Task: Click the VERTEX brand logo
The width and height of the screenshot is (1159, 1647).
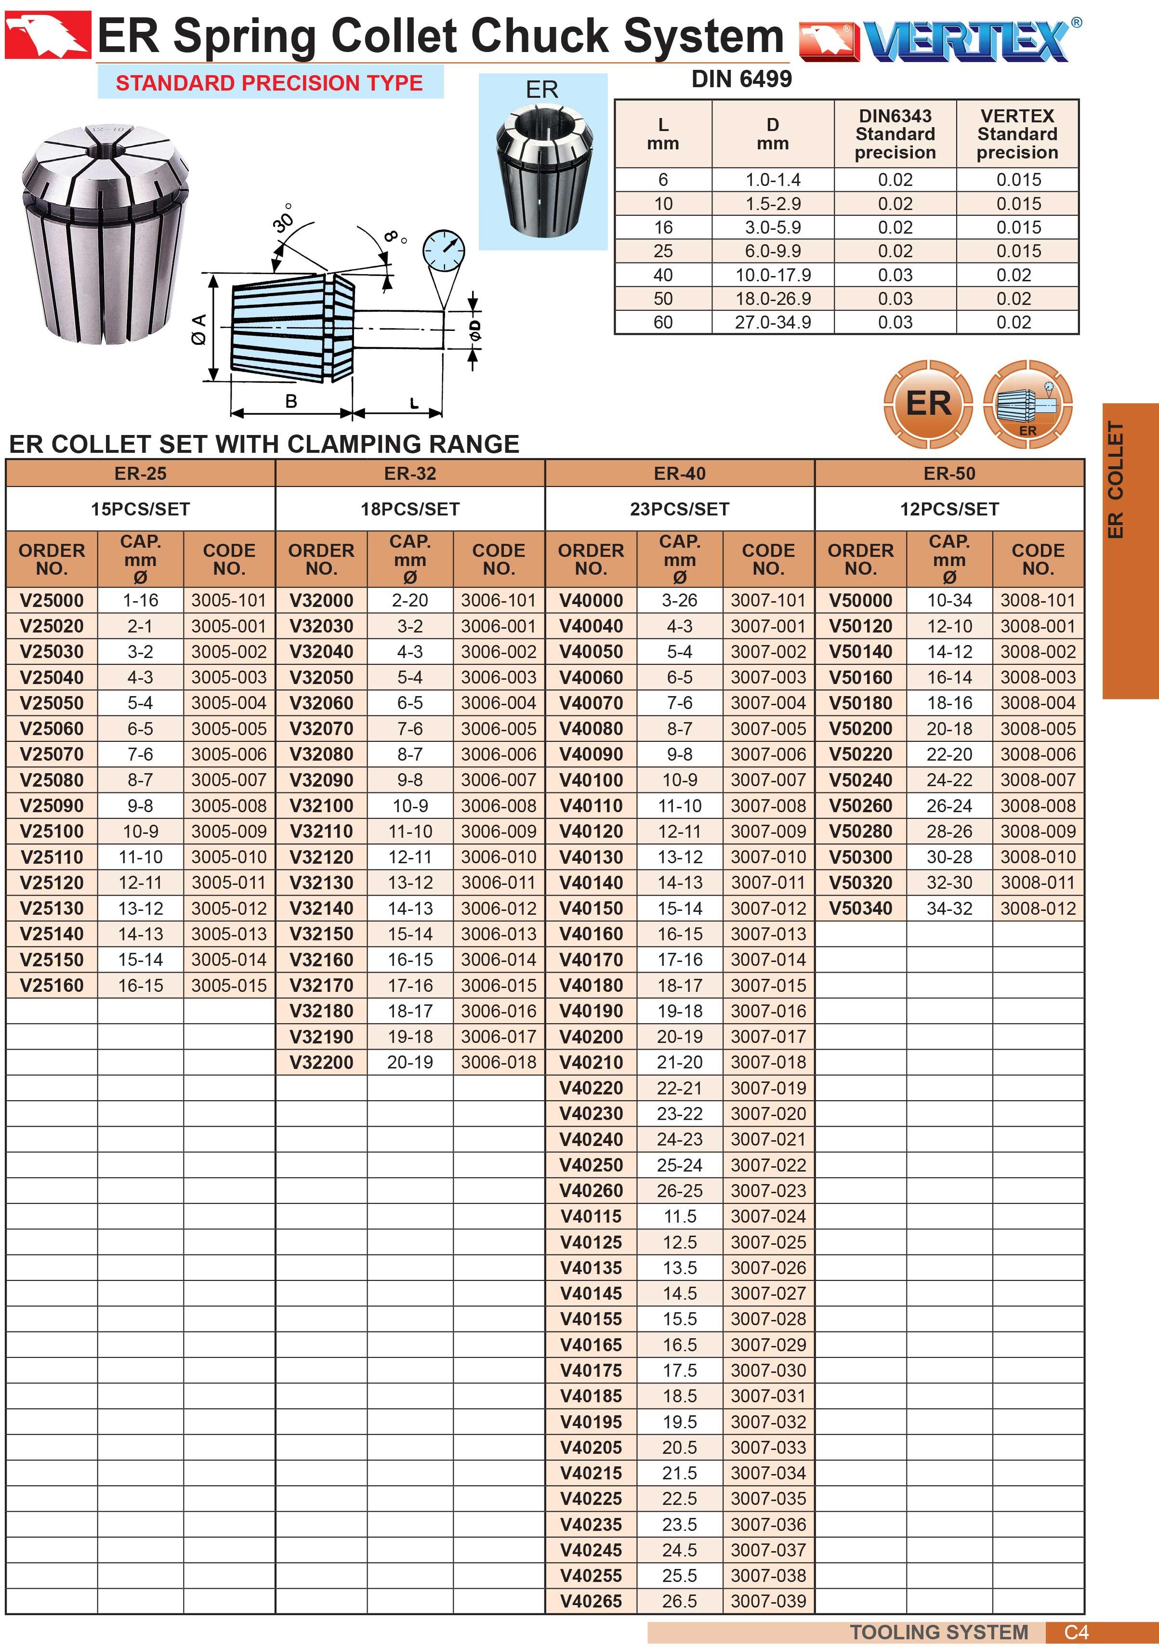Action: coord(939,40)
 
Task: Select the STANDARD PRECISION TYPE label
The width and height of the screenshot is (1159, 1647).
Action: coord(270,82)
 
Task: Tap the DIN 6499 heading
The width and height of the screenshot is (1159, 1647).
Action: coord(741,79)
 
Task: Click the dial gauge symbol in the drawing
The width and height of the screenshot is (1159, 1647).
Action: coord(443,252)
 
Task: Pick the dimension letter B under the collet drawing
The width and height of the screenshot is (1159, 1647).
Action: coord(291,401)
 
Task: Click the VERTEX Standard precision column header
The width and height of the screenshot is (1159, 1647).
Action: coord(1017,134)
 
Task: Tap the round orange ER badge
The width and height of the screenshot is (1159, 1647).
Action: coord(928,404)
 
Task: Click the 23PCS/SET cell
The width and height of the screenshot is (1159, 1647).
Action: coord(679,509)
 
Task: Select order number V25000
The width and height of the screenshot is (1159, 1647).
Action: coord(52,600)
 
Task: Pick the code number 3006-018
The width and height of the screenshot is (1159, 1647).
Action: coord(499,1062)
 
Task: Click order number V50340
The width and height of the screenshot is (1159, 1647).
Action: coord(861,908)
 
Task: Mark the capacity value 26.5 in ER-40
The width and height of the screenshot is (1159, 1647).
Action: coord(679,1601)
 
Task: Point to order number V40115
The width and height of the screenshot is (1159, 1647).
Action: coord(591,1217)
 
